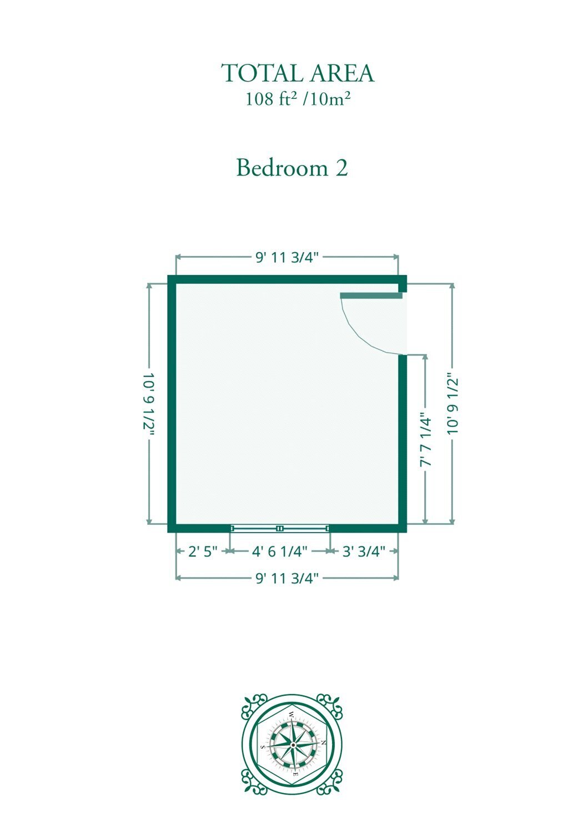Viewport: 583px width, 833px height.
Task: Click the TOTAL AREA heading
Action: (x=298, y=73)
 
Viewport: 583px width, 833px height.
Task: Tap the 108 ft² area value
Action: (x=271, y=99)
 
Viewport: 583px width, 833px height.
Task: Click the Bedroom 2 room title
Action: (x=292, y=168)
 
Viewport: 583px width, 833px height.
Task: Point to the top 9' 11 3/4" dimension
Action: (x=287, y=257)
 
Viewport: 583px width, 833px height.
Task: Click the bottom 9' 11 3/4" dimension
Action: (x=287, y=578)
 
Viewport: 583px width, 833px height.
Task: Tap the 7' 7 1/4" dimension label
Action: (x=425, y=440)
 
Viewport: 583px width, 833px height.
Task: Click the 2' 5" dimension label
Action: (x=203, y=551)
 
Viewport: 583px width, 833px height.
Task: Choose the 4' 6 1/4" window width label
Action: (x=280, y=551)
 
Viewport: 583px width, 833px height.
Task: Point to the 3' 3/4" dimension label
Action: (x=364, y=551)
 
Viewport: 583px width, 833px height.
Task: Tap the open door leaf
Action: (x=371, y=295)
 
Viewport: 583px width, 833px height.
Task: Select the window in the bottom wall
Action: (x=280, y=528)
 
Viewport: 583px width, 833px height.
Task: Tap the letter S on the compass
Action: (x=263, y=747)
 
